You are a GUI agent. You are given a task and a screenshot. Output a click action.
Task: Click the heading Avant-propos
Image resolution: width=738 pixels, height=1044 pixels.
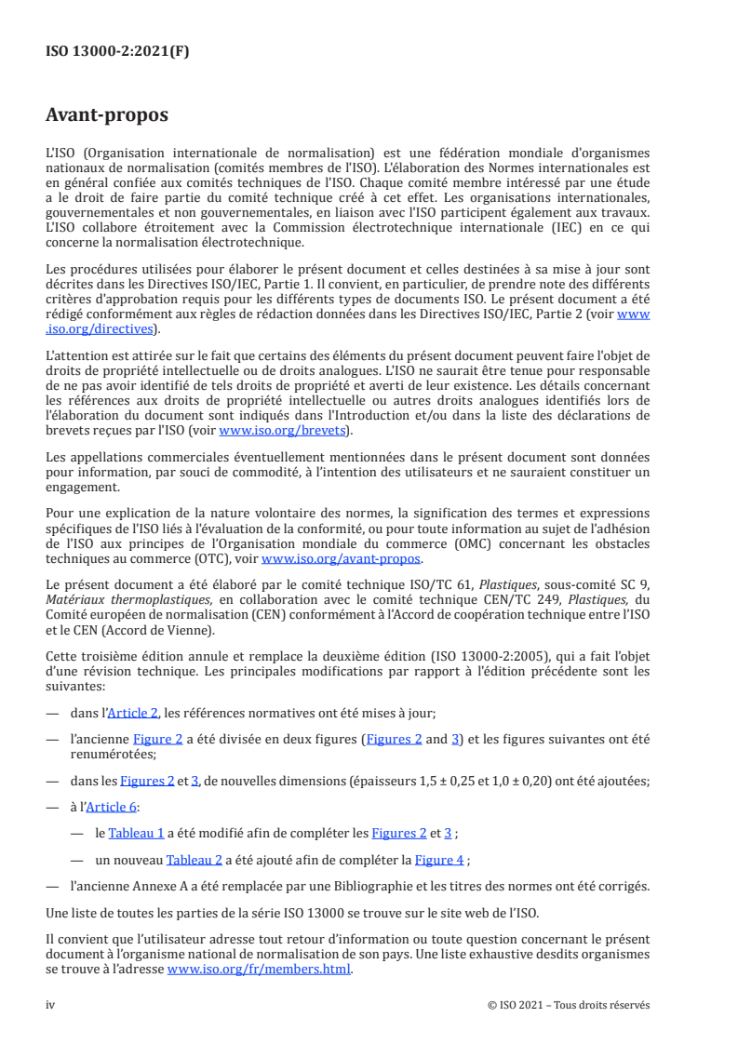click(x=107, y=115)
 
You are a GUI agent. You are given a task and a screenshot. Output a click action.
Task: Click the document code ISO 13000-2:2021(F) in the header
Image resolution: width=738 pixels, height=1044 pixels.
click(x=117, y=52)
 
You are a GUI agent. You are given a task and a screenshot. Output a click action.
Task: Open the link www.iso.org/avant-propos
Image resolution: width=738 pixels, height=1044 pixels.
click(x=342, y=558)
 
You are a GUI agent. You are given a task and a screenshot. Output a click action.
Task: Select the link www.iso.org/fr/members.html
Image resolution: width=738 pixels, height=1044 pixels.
click(x=260, y=970)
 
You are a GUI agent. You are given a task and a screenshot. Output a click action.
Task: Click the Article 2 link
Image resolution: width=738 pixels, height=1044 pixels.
click(x=133, y=713)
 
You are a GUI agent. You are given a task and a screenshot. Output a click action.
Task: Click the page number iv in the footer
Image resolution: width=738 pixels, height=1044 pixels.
click(x=51, y=1005)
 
